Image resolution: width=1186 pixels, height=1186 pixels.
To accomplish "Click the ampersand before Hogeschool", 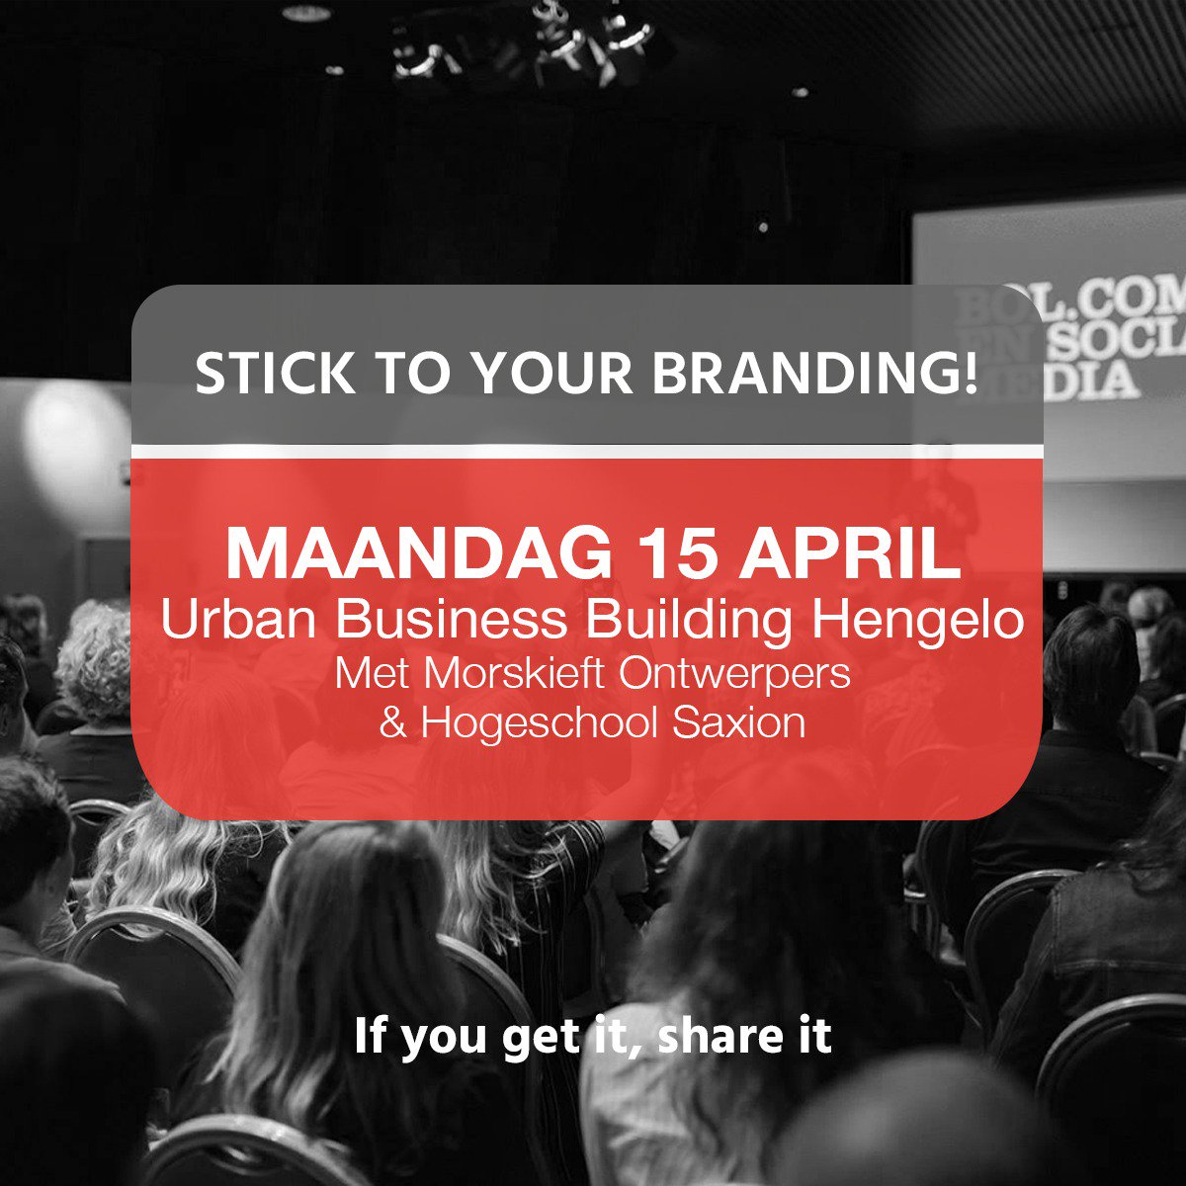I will (x=393, y=723).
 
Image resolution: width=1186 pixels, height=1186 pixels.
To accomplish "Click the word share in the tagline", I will (x=714, y=1038).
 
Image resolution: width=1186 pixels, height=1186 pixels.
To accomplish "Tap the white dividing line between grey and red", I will (x=587, y=452).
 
